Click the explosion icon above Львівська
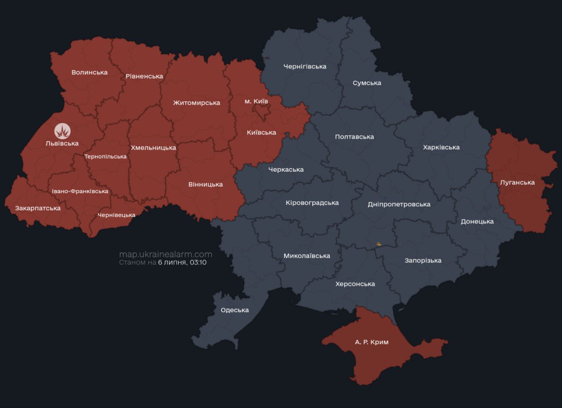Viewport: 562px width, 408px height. [x=62, y=131]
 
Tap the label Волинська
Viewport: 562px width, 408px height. [x=90, y=72]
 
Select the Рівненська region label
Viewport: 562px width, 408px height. [x=144, y=76]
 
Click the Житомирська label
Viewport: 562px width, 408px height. [x=196, y=103]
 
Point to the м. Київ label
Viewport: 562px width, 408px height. [x=256, y=101]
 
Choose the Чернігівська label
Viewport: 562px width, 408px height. [x=305, y=67]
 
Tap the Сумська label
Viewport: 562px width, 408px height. [x=367, y=83]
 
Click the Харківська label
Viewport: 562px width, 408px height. [x=441, y=148]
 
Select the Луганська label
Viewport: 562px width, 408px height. [x=517, y=183]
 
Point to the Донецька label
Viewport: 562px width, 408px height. [x=477, y=222]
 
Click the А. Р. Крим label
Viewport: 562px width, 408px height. [x=372, y=342]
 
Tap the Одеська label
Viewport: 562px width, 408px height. [x=234, y=310]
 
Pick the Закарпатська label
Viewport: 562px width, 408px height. [x=38, y=208]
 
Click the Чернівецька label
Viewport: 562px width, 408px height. [x=116, y=215]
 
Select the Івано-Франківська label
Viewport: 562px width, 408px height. [x=80, y=191]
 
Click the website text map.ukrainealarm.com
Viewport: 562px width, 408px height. [x=166, y=254]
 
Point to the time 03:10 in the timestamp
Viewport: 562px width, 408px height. [x=198, y=263]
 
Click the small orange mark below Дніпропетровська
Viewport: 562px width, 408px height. [x=379, y=244]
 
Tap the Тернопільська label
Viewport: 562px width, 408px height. [x=105, y=157]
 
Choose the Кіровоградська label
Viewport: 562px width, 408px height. [x=312, y=203]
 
